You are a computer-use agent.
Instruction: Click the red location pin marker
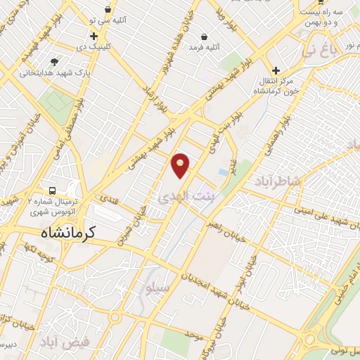(180, 165)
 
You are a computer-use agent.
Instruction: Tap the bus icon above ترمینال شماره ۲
(53, 191)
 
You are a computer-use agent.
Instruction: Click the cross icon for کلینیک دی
(94, 36)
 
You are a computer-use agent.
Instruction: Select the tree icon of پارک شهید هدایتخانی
(54, 60)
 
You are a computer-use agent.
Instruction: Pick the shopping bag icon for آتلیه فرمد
(204, 36)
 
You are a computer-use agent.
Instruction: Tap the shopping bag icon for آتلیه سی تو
(108, 10)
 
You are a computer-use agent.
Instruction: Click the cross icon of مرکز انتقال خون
(276, 70)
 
